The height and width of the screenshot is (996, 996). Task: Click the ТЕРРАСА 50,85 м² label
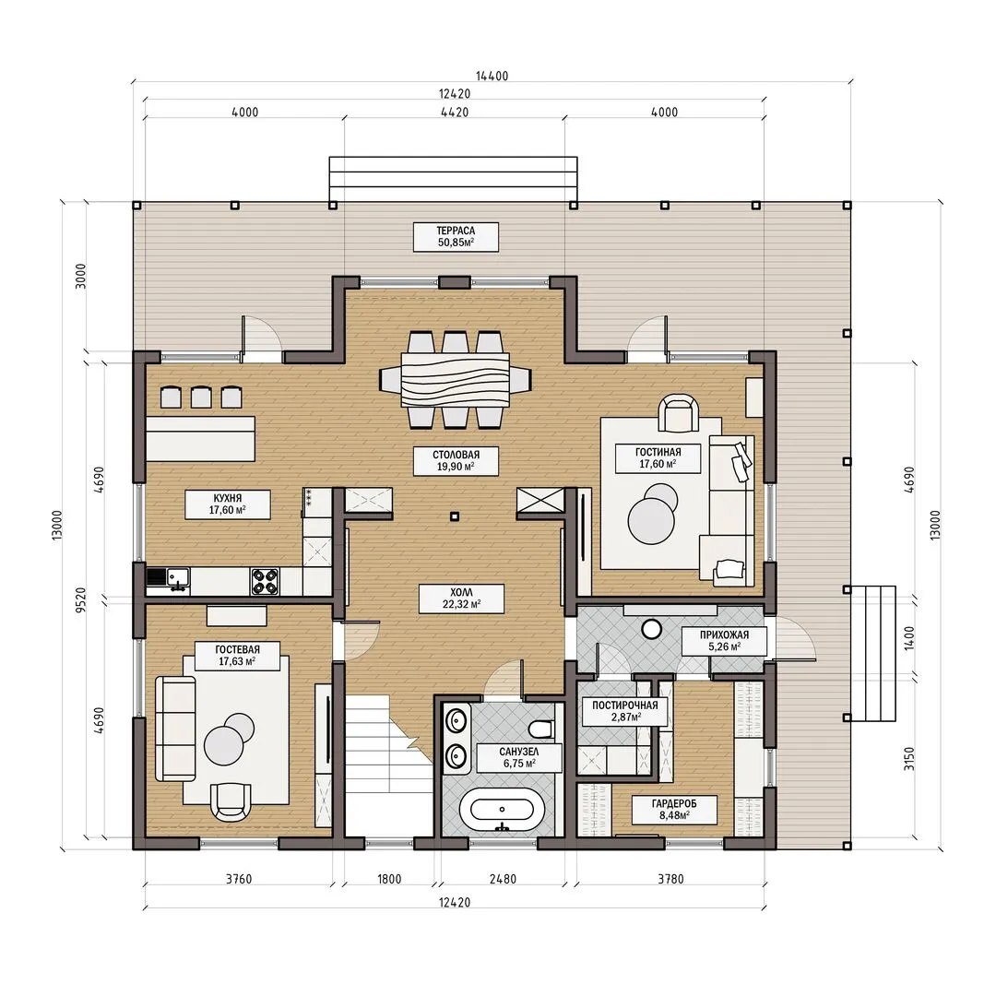(x=456, y=236)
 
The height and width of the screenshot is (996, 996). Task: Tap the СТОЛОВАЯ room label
(x=456, y=455)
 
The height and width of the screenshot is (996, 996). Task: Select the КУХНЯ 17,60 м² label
(x=228, y=504)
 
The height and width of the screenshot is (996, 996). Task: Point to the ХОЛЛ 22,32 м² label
(x=461, y=599)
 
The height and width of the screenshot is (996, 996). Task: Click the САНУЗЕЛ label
(x=519, y=753)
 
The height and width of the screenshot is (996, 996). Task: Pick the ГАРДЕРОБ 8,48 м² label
(x=674, y=810)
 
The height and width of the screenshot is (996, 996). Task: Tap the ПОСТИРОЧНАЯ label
(x=625, y=705)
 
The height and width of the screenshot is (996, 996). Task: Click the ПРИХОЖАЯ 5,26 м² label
(x=724, y=640)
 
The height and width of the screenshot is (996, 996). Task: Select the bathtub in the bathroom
(x=502, y=811)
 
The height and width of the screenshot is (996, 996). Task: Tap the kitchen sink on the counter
(x=177, y=578)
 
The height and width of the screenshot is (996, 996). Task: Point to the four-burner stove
(x=265, y=581)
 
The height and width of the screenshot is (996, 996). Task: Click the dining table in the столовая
(x=455, y=380)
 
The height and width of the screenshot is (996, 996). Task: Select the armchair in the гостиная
(x=679, y=413)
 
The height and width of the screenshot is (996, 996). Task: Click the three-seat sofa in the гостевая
(x=176, y=729)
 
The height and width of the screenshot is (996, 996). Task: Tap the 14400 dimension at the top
(x=492, y=76)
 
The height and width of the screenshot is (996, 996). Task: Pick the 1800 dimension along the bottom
(x=389, y=879)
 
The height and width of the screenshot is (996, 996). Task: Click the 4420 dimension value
(x=455, y=113)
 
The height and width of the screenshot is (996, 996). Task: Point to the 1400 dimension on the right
(x=909, y=638)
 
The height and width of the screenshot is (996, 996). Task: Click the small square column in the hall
(x=454, y=517)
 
